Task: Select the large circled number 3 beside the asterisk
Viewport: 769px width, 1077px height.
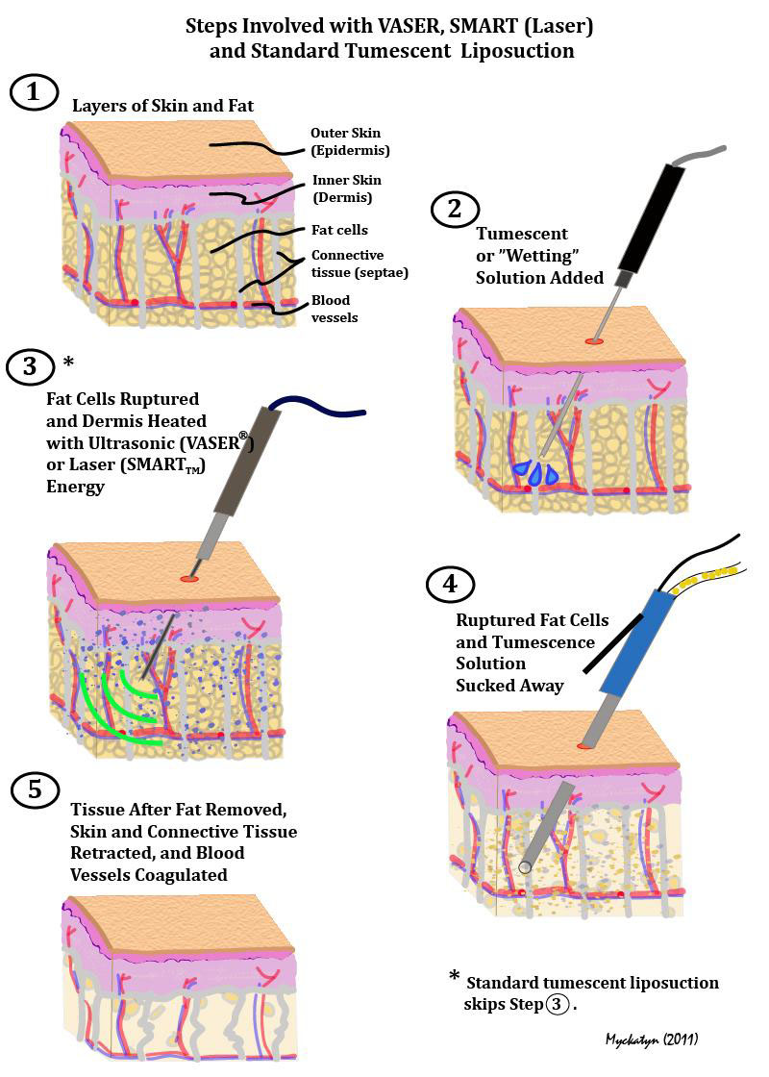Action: pos(30,366)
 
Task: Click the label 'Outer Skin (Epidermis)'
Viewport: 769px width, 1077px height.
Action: pos(350,142)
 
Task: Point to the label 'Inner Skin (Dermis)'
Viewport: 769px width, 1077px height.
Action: pos(346,188)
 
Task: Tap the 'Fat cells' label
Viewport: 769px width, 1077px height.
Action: pos(339,230)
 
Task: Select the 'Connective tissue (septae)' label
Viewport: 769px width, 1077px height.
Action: pos(347,263)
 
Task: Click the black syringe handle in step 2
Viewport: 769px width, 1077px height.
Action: pos(651,216)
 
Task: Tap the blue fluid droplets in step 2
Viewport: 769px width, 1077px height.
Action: pos(536,471)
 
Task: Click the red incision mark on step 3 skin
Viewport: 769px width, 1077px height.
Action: pos(189,578)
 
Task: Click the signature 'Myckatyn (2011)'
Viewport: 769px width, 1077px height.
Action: pos(651,1039)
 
